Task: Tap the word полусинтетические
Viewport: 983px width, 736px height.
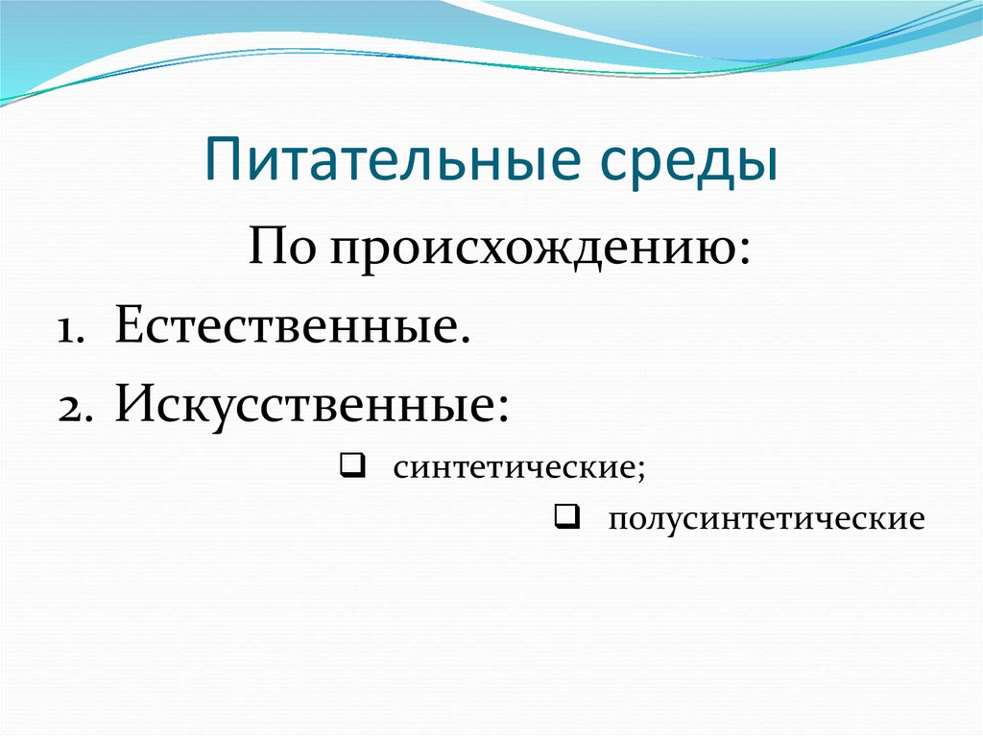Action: click(x=765, y=520)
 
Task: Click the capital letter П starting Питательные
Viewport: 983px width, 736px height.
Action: click(x=224, y=162)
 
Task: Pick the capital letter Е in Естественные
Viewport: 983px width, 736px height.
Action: click(x=130, y=328)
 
